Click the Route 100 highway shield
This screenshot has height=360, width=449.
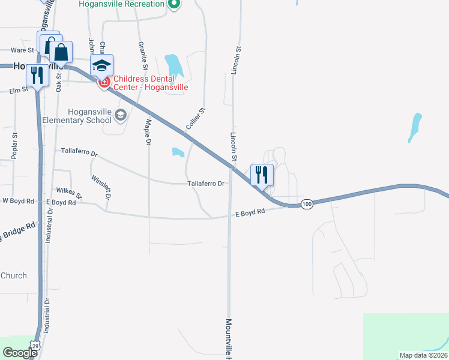[307, 205]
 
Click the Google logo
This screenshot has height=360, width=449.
[20, 353]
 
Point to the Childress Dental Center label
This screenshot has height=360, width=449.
[151, 83]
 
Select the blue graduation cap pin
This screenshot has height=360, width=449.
[102, 65]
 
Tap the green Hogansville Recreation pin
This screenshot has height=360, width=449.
[174, 5]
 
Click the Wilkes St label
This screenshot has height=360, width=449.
[69, 190]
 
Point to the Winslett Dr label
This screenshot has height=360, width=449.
[101, 187]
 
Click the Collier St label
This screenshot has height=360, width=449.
[196, 119]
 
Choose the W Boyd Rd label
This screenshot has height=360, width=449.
[18, 201]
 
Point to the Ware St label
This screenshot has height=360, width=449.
[22, 50]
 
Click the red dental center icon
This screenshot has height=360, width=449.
[104, 82]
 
